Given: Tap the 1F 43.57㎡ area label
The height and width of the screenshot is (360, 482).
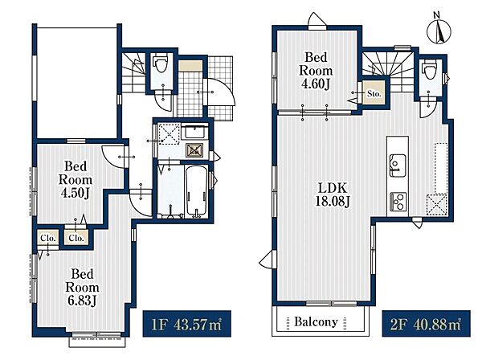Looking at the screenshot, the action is click(187, 324).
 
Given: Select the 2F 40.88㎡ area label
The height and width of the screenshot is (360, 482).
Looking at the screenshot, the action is click(426, 324).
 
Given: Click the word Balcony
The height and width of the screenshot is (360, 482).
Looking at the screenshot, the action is click(316, 321).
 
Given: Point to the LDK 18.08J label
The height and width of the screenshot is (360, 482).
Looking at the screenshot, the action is click(333, 194).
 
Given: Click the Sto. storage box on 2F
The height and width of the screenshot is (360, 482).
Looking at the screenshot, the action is click(374, 93).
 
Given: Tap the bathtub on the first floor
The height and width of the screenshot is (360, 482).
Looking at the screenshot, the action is click(196, 190).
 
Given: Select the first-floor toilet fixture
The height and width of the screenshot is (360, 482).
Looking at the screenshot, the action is click(161, 64).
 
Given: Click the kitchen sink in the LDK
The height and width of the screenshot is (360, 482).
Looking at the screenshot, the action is click(398, 166).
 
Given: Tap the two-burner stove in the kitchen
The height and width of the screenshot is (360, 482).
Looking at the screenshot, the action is click(398, 202).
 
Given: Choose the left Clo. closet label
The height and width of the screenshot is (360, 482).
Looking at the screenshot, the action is click(48, 238).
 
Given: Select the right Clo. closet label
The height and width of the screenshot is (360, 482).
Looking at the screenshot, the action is click(76, 238).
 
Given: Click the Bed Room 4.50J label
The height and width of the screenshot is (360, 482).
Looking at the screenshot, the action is click(76, 180).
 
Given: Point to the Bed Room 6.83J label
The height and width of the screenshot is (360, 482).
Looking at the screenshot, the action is click(82, 287).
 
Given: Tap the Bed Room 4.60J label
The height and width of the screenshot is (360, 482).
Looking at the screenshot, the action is click(316, 71).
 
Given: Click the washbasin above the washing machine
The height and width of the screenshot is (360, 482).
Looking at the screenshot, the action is click(194, 133).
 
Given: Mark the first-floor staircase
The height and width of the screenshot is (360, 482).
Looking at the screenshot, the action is click(133, 72).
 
